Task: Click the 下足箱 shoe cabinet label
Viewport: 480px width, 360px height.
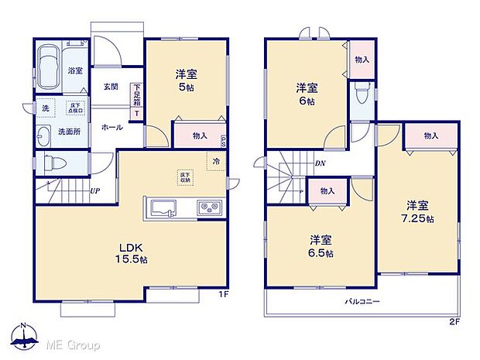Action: pos(137,94)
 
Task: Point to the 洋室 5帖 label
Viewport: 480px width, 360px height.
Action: pos(186,81)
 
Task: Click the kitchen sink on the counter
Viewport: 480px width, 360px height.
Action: pos(164,207)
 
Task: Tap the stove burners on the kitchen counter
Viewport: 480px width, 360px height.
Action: pos(209,207)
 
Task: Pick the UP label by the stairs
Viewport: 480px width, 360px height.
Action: pos(94,191)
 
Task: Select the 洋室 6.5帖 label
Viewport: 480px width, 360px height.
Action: pos(319,246)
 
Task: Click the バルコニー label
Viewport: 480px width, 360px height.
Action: pos(362,301)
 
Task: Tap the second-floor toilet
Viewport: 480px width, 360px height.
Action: pos(360,93)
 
